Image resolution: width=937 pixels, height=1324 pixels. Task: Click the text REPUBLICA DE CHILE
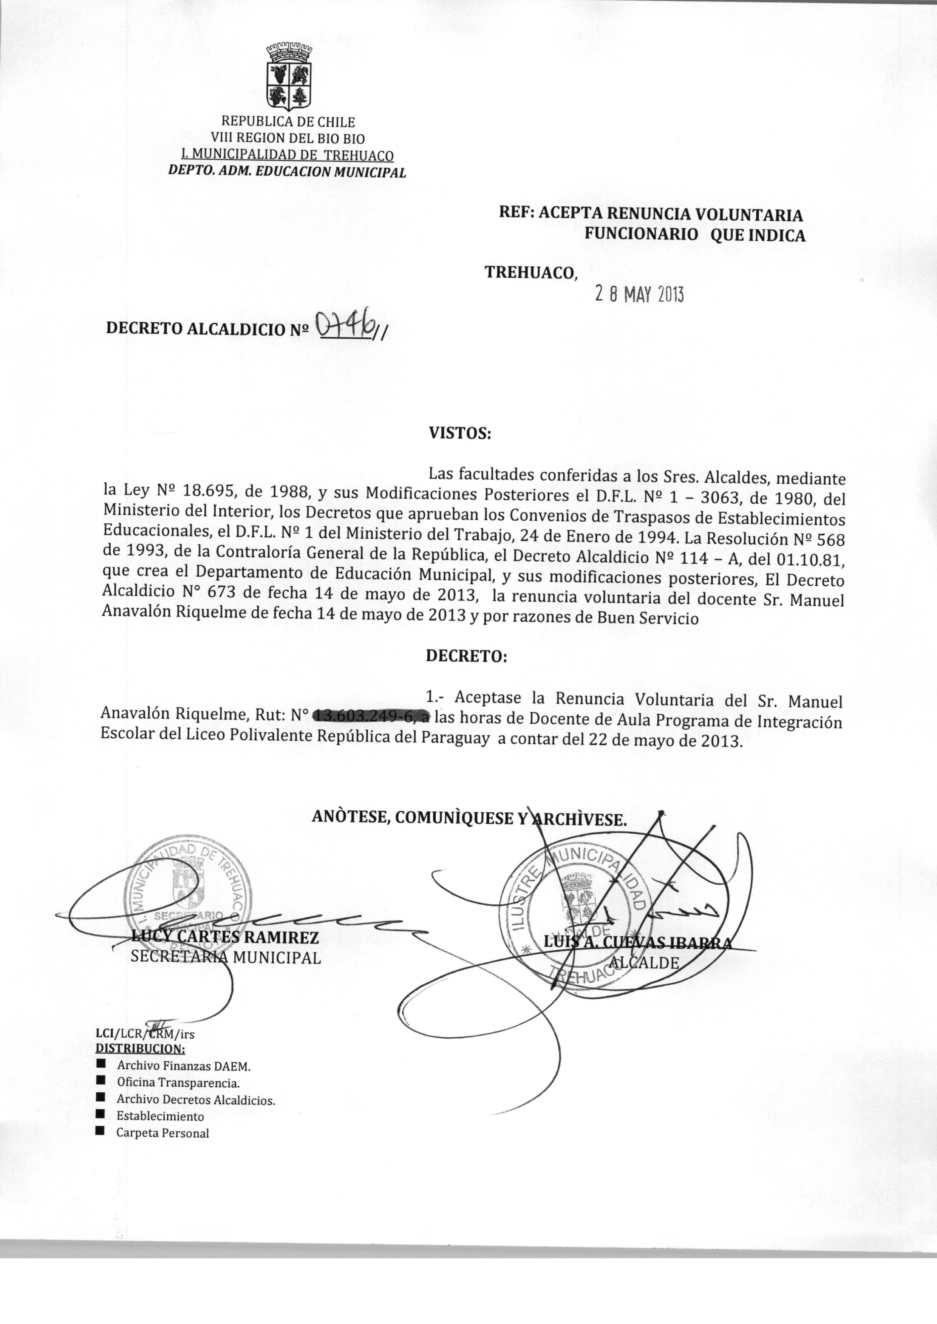(289, 122)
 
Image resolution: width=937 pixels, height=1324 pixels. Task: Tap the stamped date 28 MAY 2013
(639, 295)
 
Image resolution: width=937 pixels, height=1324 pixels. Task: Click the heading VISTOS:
(459, 433)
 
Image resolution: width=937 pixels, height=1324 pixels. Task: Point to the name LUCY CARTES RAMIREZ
(225, 937)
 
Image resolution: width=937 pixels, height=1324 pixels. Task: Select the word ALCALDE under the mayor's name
(645, 962)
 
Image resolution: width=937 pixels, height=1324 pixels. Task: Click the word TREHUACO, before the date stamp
(530, 272)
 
